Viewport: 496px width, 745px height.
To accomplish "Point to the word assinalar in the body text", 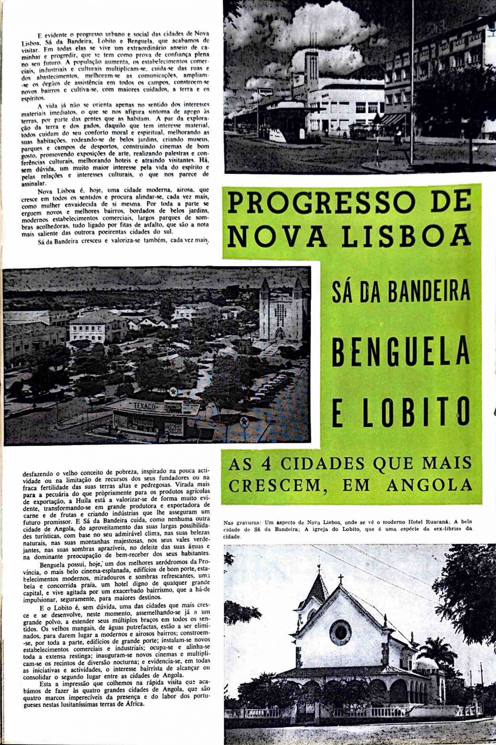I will pyautogui.click(x=35, y=183).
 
